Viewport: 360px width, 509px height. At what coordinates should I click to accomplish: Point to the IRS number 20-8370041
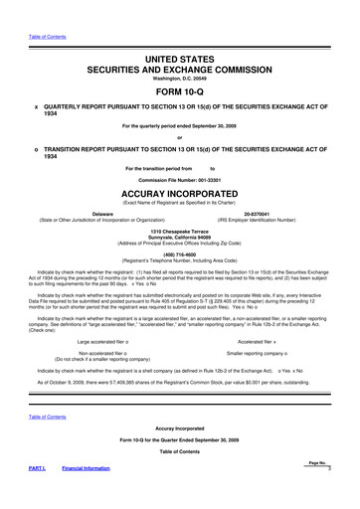275,214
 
